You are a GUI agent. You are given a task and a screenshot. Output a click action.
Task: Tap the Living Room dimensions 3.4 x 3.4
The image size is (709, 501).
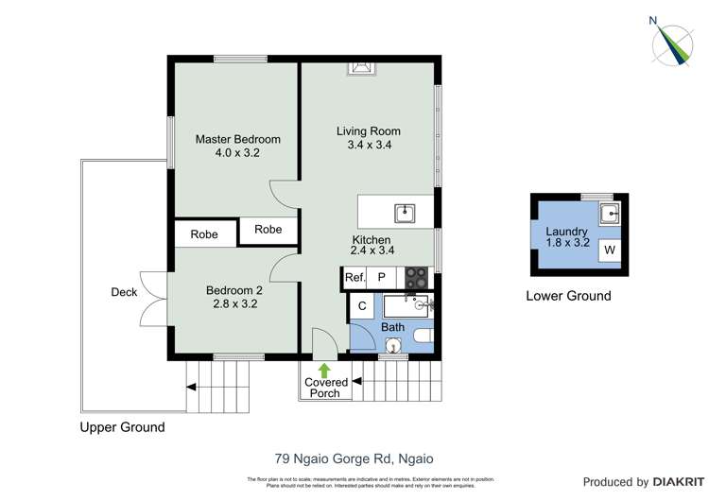368,146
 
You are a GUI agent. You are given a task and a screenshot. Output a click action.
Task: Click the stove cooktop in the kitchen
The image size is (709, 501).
416,277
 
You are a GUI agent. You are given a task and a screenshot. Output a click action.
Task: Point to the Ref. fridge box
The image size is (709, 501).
354,278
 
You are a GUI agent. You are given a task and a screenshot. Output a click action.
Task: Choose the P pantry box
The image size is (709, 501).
382,278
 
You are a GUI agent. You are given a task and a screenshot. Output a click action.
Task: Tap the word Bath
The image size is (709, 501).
392,327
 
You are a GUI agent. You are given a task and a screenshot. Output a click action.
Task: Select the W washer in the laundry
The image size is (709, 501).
610,250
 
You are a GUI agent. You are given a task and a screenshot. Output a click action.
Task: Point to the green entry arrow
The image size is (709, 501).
325,370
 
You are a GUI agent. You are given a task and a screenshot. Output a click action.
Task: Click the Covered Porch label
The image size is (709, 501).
325,388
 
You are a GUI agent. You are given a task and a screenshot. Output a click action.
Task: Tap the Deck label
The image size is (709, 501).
123,292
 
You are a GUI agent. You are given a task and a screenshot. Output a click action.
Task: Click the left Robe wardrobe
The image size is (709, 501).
204,234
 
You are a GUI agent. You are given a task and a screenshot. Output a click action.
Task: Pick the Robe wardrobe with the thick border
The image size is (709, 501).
268,230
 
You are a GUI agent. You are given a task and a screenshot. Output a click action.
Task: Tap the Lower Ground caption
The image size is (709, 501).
568,296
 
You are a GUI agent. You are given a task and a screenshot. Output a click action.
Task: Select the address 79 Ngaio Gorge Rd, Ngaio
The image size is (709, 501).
354,459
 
